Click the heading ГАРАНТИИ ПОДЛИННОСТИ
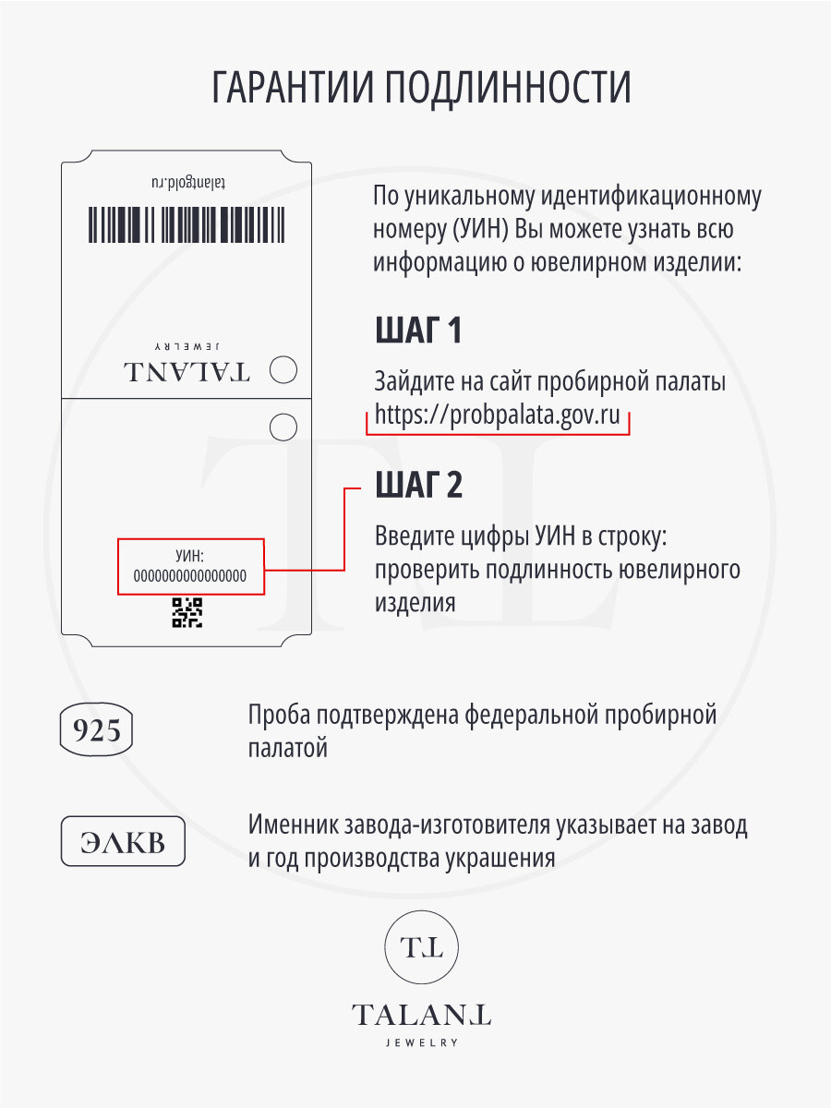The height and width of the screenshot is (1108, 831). click(421, 89)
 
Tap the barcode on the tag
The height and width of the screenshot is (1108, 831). click(187, 225)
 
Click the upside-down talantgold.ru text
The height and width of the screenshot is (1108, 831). click(187, 185)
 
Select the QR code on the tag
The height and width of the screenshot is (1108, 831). click(187, 613)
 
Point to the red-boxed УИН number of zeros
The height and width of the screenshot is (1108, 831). click(191, 575)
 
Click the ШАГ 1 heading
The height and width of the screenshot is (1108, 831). click(418, 331)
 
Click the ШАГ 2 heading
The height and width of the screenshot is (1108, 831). click(419, 485)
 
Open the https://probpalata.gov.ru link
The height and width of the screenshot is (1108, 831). click(497, 415)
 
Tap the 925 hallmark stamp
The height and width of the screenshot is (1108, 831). click(97, 730)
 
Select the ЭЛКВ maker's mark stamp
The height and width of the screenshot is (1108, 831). click(123, 841)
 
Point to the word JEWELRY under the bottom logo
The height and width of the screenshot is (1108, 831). click(421, 1042)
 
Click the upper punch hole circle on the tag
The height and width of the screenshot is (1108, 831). click(285, 371)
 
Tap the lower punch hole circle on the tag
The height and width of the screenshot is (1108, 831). click(283, 427)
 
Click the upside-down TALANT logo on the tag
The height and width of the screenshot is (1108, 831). click(187, 371)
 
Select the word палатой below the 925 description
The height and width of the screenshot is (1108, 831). click(287, 748)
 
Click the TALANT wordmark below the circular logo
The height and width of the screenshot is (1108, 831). click(421, 1016)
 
